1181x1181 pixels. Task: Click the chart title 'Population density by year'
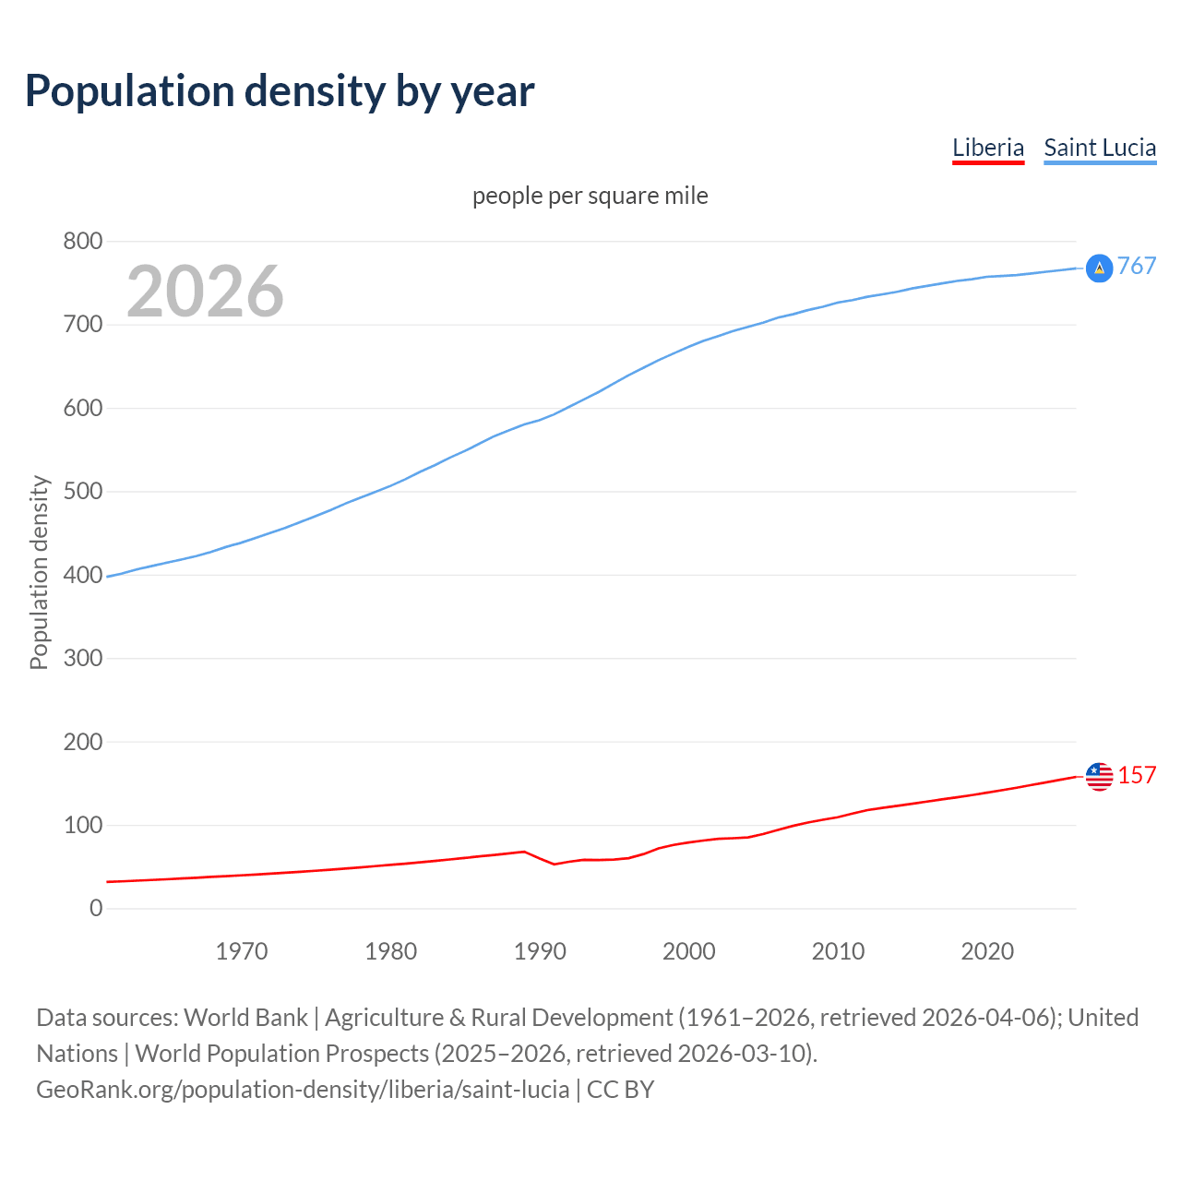point(280,91)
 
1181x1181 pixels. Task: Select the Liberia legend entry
point(987,148)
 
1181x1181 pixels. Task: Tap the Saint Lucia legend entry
point(1099,148)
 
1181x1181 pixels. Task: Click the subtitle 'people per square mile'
point(590,196)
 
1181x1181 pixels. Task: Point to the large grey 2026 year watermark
point(205,292)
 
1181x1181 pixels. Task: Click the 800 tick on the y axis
point(82,242)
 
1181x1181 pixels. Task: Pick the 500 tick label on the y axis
point(82,492)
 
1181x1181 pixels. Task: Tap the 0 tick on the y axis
point(96,909)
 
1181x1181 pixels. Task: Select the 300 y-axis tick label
point(82,659)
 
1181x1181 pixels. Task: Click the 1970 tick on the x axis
point(242,951)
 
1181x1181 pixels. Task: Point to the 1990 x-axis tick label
point(540,951)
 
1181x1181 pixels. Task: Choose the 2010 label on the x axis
point(838,951)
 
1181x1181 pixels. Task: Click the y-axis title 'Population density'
point(39,572)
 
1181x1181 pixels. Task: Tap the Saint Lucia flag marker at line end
point(1099,268)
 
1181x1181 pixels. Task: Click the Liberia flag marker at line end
point(1099,777)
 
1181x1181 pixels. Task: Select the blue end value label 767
point(1137,267)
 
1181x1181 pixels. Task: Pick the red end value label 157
point(1137,776)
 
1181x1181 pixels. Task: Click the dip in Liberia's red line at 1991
point(554,864)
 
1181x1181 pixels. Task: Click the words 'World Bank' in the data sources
point(245,1018)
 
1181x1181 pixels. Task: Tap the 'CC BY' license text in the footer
point(620,1090)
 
